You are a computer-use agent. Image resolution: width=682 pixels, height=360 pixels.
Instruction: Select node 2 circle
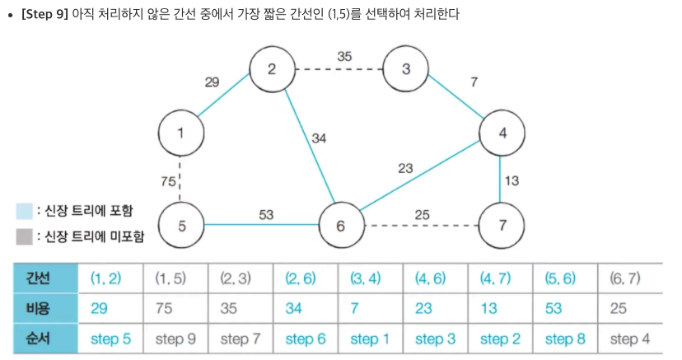(272, 68)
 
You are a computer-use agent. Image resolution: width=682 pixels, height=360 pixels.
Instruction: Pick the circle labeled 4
(502, 132)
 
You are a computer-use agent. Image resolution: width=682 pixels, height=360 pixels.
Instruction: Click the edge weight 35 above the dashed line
(345, 56)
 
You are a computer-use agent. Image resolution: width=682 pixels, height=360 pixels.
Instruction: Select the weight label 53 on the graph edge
(266, 214)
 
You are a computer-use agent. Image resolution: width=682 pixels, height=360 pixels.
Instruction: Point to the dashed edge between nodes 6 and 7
(420, 224)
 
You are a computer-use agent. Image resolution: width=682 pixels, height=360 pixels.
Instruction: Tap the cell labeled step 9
(175, 339)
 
